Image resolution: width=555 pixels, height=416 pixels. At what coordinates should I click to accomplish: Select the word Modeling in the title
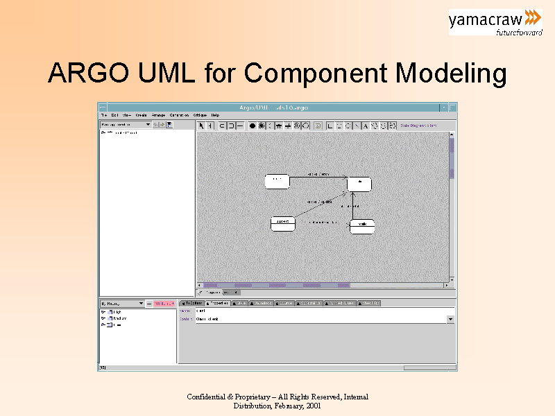pyautogui.click(x=450, y=73)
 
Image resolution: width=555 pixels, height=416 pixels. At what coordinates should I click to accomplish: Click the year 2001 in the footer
pyautogui.click(x=313, y=406)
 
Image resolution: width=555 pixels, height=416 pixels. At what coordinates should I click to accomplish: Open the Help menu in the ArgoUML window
pyautogui.click(x=215, y=115)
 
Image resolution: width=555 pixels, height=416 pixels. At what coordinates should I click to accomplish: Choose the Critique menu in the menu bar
pyautogui.click(x=200, y=115)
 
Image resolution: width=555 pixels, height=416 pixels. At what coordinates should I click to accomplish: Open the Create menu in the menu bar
pyautogui.click(x=141, y=115)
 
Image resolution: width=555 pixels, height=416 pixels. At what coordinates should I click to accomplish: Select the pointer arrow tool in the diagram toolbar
pyautogui.click(x=201, y=125)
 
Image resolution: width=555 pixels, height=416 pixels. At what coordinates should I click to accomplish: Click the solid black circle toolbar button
pyautogui.click(x=253, y=125)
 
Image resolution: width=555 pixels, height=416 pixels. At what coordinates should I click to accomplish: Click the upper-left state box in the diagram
pyautogui.click(x=277, y=181)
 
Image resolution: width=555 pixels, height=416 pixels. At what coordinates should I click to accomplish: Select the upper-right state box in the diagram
pyautogui.click(x=359, y=184)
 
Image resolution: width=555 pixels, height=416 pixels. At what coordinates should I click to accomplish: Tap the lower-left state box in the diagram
pyautogui.click(x=282, y=223)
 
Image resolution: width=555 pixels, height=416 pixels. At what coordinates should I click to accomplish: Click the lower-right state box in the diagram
pyautogui.click(x=362, y=227)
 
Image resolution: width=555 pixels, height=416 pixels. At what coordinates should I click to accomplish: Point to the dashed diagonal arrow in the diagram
pyautogui.click(x=319, y=202)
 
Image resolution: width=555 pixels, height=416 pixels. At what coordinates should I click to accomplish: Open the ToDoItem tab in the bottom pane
pyautogui.click(x=192, y=303)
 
